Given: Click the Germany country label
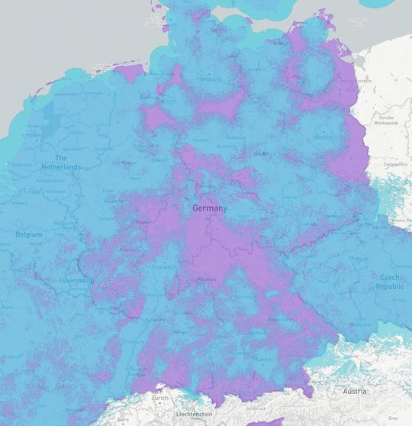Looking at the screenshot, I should pos(209,208).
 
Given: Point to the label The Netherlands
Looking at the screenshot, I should pos(62,162).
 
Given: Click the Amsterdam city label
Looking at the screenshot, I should pos(35,134).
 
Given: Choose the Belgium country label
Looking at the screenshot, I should pos(29,234).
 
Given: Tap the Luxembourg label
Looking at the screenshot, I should pos(77,281).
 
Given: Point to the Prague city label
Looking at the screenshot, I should pos(359,258).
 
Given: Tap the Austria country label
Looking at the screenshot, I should pos(355,391).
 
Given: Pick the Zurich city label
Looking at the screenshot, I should pos(160,398).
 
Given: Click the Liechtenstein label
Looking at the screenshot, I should pos(192,413).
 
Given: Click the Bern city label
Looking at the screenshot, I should pos(122,421).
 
